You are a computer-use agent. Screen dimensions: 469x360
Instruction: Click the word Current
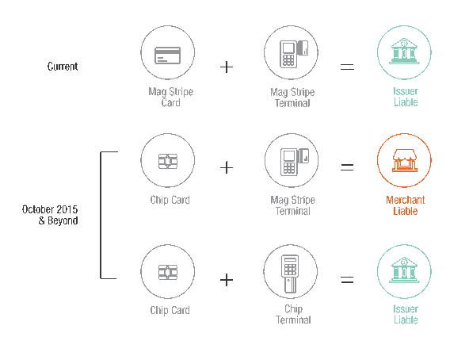point(63,66)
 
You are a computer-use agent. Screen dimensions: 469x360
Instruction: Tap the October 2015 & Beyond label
point(50,215)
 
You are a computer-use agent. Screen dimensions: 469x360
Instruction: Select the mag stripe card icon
point(167,56)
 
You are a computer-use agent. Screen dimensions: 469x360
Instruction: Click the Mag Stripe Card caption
point(171,97)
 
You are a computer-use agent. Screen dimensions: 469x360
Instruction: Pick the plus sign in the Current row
point(227,67)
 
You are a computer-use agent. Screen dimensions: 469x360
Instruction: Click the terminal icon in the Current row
point(294,54)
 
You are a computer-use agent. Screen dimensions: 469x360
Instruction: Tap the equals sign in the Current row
point(347,67)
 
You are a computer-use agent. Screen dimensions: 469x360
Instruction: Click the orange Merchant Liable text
point(406,205)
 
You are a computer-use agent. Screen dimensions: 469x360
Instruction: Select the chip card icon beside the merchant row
point(168,162)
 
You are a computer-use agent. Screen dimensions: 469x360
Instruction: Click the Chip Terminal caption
point(293,315)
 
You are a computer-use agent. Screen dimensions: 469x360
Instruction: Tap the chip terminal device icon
point(290,274)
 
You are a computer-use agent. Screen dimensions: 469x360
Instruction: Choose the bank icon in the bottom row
point(404,270)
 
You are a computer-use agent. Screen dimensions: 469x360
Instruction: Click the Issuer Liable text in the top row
point(406,97)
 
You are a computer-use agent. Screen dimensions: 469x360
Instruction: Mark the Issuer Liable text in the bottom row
point(406,315)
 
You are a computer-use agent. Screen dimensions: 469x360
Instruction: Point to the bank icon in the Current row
point(404,52)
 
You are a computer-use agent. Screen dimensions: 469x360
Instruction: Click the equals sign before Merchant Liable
point(347,167)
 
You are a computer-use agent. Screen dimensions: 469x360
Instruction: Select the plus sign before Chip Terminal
point(227,280)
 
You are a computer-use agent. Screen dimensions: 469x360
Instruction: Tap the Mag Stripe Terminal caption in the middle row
point(293,205)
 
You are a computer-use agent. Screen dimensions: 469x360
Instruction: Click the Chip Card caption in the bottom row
point(170,310)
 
